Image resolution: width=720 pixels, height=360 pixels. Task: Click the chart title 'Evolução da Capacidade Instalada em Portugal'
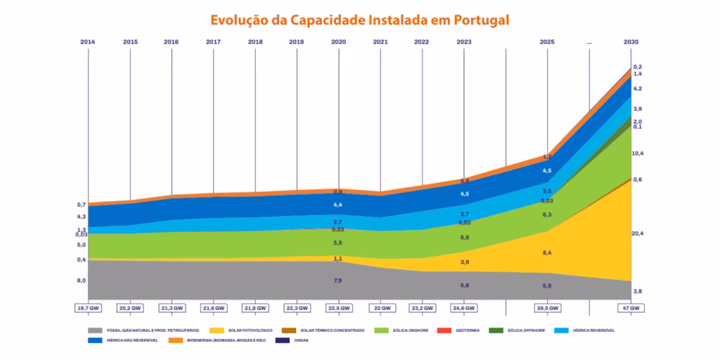(359, 19)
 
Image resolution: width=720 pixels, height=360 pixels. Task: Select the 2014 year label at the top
(88, 42)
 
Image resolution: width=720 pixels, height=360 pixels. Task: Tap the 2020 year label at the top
(338, 42)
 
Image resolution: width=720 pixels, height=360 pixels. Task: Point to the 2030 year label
(631, 42)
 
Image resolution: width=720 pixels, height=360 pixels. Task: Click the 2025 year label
(547, 42)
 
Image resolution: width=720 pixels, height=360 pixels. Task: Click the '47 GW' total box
(631, 308)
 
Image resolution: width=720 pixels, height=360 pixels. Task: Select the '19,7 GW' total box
(89, 308)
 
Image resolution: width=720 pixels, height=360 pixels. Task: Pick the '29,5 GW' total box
(547, 308)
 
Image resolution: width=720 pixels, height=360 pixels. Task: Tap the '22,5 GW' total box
(338, 308)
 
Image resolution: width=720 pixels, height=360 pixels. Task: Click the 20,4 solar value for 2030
(637, 233)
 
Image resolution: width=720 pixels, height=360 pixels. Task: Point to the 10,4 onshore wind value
(638, 153)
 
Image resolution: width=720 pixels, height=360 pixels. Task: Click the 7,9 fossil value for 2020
(337, 281)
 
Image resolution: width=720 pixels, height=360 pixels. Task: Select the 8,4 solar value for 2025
(547, 252)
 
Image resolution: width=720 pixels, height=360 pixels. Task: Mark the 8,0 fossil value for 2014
(82, 281)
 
